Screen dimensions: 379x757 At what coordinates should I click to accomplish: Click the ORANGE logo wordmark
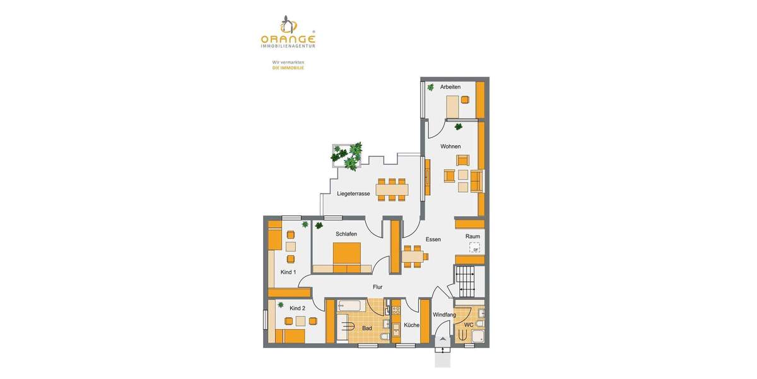click(288, 38)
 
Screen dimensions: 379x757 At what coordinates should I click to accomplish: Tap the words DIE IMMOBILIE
click(288, 68)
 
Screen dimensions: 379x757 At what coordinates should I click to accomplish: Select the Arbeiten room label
click(450, 87)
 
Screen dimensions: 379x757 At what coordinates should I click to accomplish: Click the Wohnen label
click(450, 147)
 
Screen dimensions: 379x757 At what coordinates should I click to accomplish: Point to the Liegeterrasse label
click(353, 194)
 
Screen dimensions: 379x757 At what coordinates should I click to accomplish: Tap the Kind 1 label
click(288, 272)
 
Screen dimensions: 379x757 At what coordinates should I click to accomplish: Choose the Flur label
click(377, 287)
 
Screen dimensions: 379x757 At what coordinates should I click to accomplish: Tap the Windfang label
click(444, 315)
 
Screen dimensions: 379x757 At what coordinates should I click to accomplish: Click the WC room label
click(469, 325)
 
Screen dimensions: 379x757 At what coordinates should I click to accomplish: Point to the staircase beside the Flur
click(467, 280)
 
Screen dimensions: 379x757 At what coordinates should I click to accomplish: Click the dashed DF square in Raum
click(474, 248)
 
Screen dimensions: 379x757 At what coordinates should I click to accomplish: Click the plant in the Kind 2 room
click(281, 305)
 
